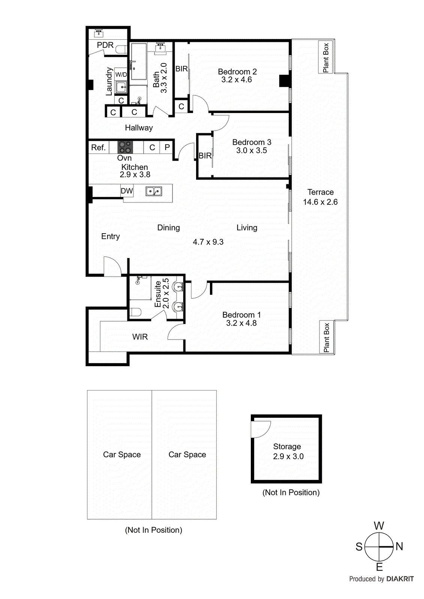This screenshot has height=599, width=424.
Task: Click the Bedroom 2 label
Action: (x=237, y=72)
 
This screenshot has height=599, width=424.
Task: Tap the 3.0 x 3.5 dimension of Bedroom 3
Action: (x=252, y=150)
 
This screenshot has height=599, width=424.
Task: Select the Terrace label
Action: (x=320, y=192)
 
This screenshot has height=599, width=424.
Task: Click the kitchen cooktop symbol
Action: (x=125, y=147)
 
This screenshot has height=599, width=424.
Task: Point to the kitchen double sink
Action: (x=153, y=191)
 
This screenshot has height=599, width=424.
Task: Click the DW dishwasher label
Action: (x=127, y=191)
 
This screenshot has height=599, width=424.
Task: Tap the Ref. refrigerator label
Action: (x=98, y=148)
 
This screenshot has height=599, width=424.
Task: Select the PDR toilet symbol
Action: (x=121, y=49)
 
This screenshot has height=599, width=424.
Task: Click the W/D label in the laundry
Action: (x=121, y=75)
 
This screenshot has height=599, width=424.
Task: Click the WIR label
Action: (x=140, y=337)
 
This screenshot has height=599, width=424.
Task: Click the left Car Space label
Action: (x=122, y=454)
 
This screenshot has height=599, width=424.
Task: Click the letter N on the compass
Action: (x=399, y=547)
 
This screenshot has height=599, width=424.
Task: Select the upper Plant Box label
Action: (x=326, y=58)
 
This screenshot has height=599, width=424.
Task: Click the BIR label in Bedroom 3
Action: (x=205, y=156)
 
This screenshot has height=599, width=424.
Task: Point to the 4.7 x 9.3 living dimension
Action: (x=208, y=242)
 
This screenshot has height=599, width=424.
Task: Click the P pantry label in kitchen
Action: (x=167, y=148)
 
